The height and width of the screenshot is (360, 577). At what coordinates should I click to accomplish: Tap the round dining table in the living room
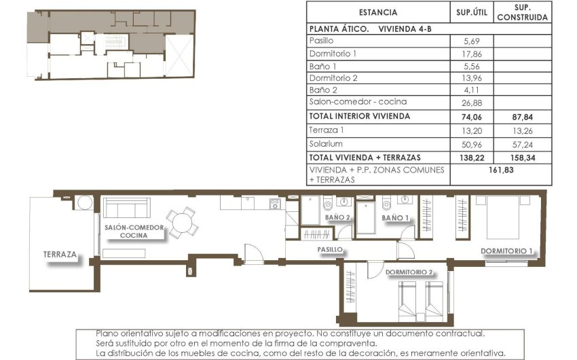pos(182,221)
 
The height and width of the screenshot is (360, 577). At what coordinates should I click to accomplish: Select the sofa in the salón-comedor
pos(126,208)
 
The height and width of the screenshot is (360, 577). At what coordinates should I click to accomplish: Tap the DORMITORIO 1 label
pos(506,251)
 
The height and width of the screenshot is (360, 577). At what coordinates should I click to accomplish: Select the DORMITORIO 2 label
pos(409,272)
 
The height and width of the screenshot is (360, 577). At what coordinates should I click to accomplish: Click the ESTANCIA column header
pos(377,12)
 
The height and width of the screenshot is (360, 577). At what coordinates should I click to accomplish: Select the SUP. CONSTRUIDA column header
pos(523,12)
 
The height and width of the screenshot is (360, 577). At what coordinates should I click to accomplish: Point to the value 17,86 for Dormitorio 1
pos(470,53)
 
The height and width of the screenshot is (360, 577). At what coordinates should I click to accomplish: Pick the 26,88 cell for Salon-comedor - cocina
pos(470,102)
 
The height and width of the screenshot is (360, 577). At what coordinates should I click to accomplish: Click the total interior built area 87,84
pos(523,116)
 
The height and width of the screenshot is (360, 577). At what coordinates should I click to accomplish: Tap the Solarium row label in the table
pos(326,144)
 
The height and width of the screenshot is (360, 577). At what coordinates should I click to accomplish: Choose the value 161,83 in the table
pos(499,170)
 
